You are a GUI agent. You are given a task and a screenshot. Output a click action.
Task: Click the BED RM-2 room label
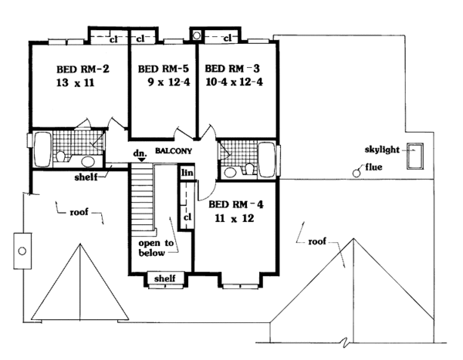[83, 69]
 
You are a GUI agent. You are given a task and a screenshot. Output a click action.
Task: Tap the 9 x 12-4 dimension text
[169, 82]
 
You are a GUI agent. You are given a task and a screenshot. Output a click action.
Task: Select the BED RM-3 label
[232, 69]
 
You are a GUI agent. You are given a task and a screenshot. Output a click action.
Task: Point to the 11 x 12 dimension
[235, 218]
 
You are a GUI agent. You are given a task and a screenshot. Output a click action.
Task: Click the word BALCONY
[174, 151]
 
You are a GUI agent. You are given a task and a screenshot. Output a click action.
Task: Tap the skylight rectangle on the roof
[415, 156]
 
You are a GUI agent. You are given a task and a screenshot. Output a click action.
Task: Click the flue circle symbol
[357, 173]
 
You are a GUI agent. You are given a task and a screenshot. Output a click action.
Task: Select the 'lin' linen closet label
[188, 173]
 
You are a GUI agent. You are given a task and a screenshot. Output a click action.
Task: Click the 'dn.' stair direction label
[140, 153]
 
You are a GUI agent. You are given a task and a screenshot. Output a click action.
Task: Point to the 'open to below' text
[156, 248]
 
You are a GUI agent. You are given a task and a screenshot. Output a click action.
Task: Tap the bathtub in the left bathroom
[42, 150]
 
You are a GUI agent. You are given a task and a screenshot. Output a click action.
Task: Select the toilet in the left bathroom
[61, 156]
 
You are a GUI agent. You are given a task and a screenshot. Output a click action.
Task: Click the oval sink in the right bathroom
[230, 172]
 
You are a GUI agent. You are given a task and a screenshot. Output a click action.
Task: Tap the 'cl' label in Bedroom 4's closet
[188, 217]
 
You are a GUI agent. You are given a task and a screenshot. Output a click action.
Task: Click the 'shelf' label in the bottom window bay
[165, 278]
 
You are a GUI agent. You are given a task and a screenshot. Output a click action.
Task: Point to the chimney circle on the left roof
[22, 251]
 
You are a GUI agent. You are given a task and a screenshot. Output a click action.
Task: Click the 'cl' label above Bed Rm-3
[228, 38]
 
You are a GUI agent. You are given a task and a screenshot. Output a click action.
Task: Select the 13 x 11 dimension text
[76, 82]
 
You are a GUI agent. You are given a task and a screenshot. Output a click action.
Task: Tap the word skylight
[382, 150]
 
